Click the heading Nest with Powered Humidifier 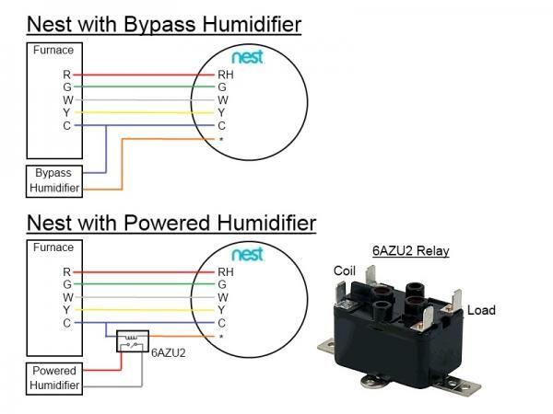pyautogui.click(x=171, y=223)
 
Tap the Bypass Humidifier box pyautogui.click(x=53, y=180)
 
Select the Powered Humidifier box pyautogui.click(x=53, y=378)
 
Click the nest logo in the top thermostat pyautogui.click(x=247, y=57)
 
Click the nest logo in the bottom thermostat pyautogui.click(x=247, y=253)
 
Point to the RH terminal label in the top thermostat pyautogui.click(x=226, y=74)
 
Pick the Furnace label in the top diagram pyautogui.click(x=53, y=51)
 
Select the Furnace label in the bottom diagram pyautogui.click(x=53, y=247)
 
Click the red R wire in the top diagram pyautogui.click(x=138, y=74)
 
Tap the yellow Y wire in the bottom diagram pyautogui.click(x=138, y=311)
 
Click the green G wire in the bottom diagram pyautogui.click(x=138, y=285)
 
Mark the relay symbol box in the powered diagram pyautogui.click(x=130, y=345)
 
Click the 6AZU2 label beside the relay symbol pyautogui.click(x=168, y=351)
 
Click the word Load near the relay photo pyautogui.click(x=481, y=310)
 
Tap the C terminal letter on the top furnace pyautogui.click(x=66, y=125)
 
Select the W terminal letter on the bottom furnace pyautogui.click(x=66, y=298)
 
